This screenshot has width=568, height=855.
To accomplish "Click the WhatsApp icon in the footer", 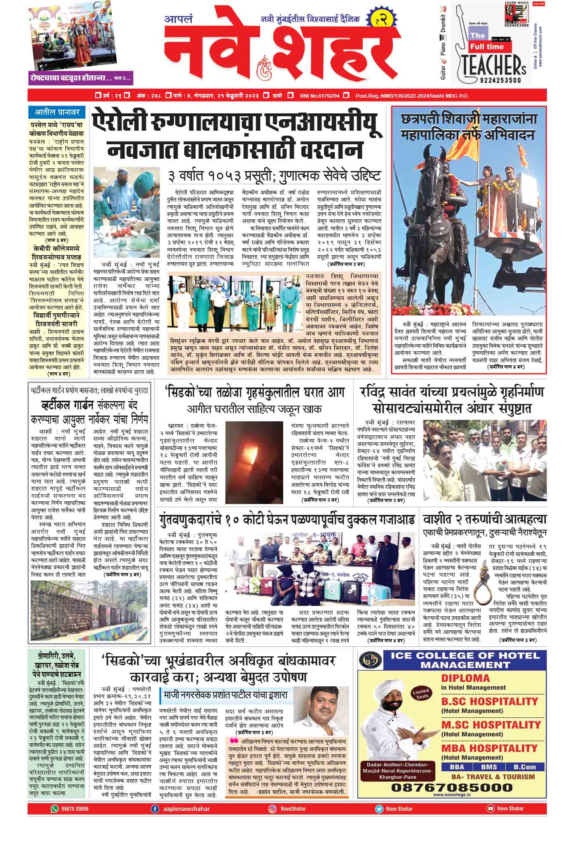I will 54,809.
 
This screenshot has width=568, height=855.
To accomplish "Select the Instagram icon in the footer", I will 272,809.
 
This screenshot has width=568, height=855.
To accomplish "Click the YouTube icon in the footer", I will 490,809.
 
